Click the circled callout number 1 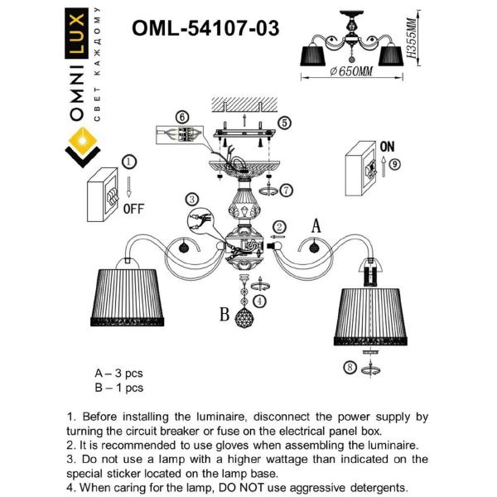[128, 162]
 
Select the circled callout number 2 [279, 226]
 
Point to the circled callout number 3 [191, 199]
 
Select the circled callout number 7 [286, 191]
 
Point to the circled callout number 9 [394, 164]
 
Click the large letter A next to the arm [315, 224]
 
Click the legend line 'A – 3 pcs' [119, 373]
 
